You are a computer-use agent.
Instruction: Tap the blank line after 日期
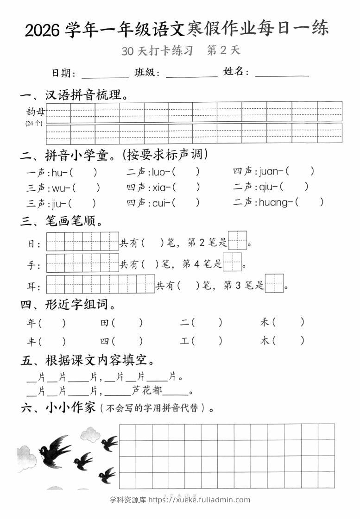click(105, 74)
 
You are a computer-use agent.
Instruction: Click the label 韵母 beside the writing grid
click(36, 112)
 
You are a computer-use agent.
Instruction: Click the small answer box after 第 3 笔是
click(274, 283)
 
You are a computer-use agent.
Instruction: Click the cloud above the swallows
click(90, 434)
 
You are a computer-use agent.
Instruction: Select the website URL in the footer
click(199, 500)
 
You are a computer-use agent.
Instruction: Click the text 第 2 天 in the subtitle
click(224, 50)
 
